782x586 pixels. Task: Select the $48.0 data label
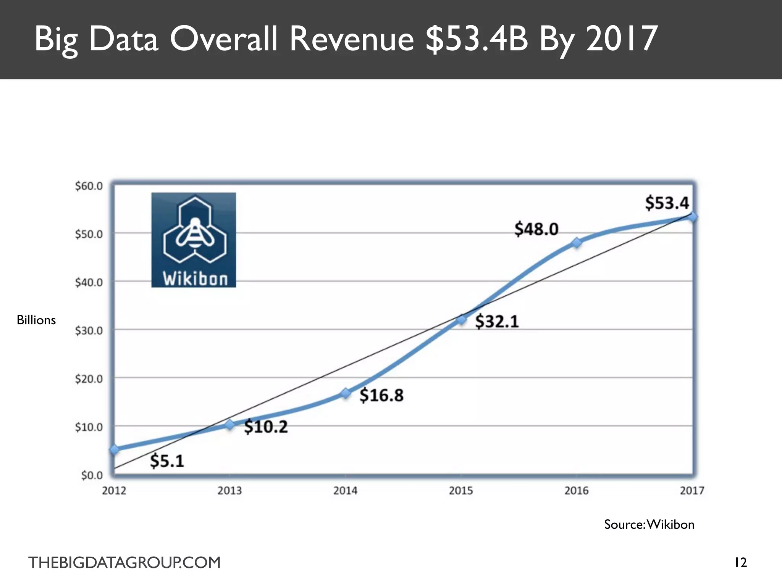(536, 229)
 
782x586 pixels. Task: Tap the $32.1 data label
(497, 321)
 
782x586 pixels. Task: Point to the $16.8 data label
(381, 395)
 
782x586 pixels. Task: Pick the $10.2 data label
(266, 427)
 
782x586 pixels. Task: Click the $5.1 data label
(167, 461)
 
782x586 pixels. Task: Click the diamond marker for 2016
(577, 243)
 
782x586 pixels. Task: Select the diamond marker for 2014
(346, 393)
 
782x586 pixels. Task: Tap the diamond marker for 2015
(461, 319)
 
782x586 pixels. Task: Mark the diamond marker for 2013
(230, 425)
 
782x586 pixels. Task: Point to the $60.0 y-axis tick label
(89, 186)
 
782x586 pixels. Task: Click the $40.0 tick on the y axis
(89, 282)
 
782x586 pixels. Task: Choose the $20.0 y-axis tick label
(89, 379)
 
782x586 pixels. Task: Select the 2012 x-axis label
(114, 491)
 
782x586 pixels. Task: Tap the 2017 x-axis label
(692, 491)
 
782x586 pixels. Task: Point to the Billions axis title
(36, 320)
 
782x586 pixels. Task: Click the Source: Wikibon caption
(649, 525)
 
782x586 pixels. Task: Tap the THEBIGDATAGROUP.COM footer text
(124, 563)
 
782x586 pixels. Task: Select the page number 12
(741, 562)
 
